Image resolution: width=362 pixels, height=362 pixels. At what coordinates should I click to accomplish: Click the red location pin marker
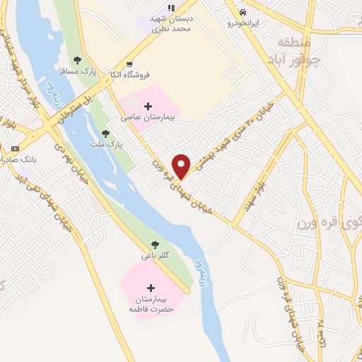pyautogui.click(x=182, y=166)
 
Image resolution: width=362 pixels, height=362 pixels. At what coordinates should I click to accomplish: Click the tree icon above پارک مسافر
pyautogui.click(x=77, y=60)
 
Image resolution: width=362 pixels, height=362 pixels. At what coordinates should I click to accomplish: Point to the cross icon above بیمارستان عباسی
pyautogui.click(x=148, y=107)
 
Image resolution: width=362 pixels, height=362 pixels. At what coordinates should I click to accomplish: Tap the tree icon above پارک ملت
pyautogui.click(x=105, y=133)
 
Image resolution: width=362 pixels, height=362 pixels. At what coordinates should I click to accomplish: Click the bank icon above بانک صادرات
pyautogui.click(x=16, y=148)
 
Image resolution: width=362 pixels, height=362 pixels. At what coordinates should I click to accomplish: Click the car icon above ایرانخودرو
pyautogui.click(x=243, y=13)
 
